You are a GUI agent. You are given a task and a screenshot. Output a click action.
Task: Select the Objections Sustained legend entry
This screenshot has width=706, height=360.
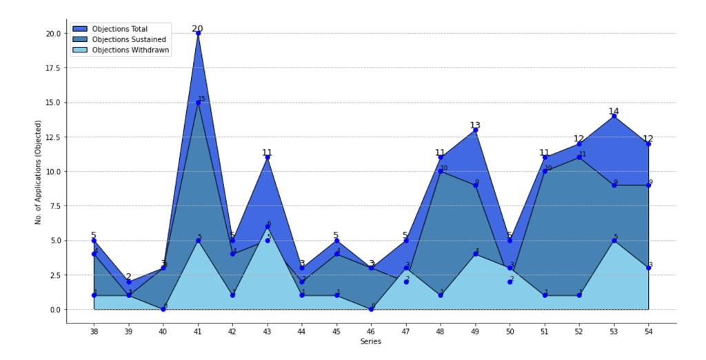tap(129, 39)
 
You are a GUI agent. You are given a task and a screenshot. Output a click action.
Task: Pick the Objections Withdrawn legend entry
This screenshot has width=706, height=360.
tap(130, 50)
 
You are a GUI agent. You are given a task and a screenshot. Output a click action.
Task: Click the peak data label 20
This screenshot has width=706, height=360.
tap(198, 28)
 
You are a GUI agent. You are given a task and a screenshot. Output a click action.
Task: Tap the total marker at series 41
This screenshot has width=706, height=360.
tap(198, 33)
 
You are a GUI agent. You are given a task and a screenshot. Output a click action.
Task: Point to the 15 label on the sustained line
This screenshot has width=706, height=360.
tap(202, 99)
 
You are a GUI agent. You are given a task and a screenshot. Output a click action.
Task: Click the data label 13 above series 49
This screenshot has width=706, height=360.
tap(475, 126)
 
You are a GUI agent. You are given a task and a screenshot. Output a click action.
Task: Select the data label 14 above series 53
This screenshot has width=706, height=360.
tap(614, 111)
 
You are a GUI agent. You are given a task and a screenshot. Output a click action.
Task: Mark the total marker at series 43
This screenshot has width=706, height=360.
tap(268, 157)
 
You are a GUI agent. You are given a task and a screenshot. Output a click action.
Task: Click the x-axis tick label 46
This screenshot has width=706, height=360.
tap(372, 332)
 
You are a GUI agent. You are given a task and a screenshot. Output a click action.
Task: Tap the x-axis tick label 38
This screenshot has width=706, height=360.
tap(94, 332)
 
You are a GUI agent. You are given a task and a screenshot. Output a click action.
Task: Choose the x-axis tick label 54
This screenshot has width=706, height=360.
tap(649, 332)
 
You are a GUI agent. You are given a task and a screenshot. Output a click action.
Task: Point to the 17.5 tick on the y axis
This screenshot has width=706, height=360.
tap(52, 68)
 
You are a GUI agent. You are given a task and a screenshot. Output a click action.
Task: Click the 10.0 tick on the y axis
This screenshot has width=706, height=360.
tap(52, 171)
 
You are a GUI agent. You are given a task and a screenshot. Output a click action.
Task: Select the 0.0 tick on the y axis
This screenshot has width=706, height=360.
tap(54, 310)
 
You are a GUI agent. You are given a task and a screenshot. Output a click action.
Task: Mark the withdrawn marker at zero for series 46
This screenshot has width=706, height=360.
tap(372, 309)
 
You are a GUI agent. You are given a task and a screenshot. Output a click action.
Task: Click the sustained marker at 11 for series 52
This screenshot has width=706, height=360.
tap(579, 157)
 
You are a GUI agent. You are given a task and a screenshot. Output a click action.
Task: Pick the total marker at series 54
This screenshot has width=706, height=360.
tap(649, 143)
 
